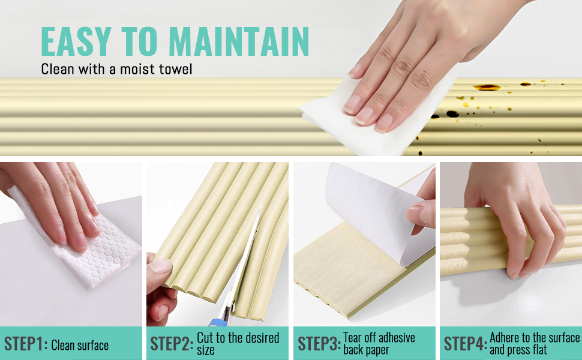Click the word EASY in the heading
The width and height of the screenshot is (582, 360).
[x=74, y=41]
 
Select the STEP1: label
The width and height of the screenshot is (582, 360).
[x=26, y=344]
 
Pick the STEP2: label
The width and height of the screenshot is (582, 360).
[x=172, y=344]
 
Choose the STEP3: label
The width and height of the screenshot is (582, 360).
[x=319, y=344]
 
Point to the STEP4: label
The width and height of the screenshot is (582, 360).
[x=466, y=344]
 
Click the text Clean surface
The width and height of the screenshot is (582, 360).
[x=80, y=345]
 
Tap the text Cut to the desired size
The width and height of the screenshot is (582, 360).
[x=238, y=344]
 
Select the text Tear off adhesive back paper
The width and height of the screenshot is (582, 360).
[x=379, y=344]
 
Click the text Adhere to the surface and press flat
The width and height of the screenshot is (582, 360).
[x=535, y=344]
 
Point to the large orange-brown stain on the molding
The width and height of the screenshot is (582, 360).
[x=487, y=88]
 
